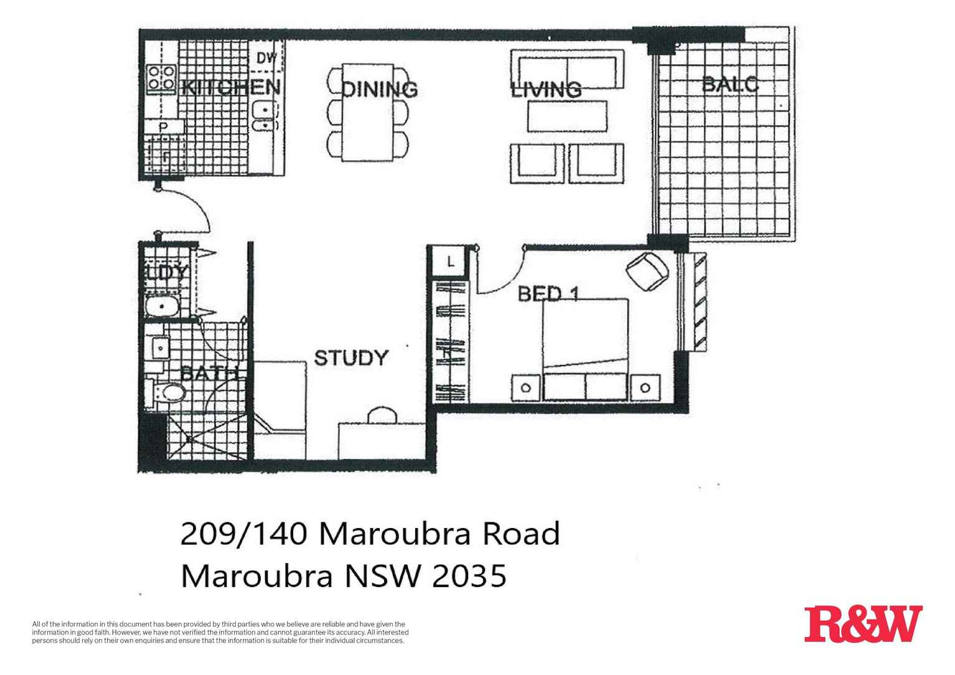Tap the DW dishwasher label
tap(266, 58)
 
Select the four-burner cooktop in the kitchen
tap(161, 79)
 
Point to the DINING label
tap(380, 89)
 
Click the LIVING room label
tap(546, 90)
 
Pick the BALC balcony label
tap(730, 84)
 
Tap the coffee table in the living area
tap(567, 116)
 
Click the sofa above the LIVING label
tap(567, 70)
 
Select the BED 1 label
tap(548, 293)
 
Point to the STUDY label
tap(350, 358)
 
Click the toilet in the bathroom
tap(169, 394)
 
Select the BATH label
tap(209, 374)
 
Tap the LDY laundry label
tap(166, 272)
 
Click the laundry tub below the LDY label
tap(163, 307)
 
